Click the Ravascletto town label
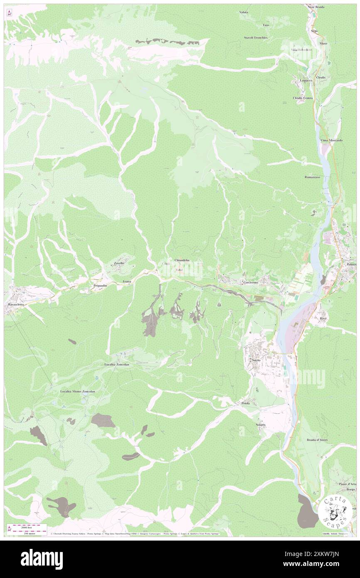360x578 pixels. (x=17, y=304)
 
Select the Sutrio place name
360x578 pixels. (x=256, y=360)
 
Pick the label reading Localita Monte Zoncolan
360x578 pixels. (x=78, y=391)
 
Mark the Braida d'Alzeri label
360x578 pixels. (x=317, y=440)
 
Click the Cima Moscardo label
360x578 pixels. (x=331, y=141)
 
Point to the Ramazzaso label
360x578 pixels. (x=312, y=177)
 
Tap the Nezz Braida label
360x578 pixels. (x=316, y=7)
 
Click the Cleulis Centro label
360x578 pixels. (x=303, y=98)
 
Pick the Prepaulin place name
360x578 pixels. (x=101, y=286)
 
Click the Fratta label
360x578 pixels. (x=127, y=282)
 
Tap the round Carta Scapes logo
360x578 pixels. (x=335, y=511)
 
